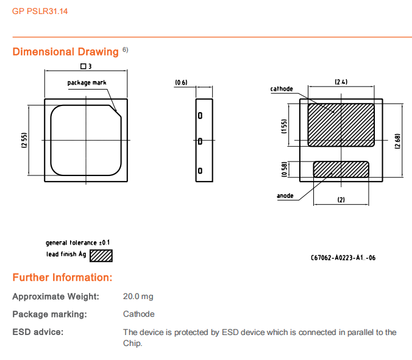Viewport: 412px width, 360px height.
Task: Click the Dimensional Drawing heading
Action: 65,52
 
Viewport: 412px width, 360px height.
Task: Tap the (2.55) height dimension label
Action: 24,140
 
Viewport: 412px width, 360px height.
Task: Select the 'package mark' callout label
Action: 87,82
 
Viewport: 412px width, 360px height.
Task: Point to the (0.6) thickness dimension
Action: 181,82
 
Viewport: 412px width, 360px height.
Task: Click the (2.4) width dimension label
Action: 341,82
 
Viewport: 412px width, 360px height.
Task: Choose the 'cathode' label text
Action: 282,89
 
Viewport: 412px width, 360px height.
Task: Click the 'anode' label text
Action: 285,196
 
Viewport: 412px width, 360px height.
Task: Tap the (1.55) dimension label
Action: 284,125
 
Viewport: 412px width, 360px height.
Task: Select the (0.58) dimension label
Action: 284,169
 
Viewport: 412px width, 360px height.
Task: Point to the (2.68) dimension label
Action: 397,142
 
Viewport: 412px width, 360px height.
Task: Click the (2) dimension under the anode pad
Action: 341,199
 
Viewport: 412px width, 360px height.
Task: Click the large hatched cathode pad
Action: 341,124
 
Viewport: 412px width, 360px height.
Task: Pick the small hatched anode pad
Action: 341,169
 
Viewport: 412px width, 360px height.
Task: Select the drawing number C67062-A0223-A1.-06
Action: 343,258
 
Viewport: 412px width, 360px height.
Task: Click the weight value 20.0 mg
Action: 138,297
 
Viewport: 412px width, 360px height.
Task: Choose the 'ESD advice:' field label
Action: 38,332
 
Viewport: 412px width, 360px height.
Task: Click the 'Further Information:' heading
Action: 62,278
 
